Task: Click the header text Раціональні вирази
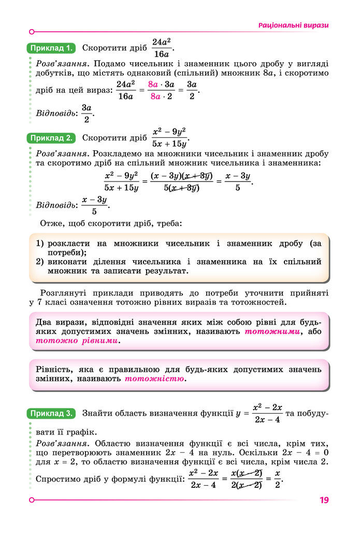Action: coord(293,25)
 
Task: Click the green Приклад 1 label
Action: coord(50,48)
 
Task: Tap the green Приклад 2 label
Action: coord(50,138)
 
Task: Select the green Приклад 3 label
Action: coord(50,413)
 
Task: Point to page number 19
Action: coord(324,500)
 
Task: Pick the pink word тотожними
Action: coord(272,331)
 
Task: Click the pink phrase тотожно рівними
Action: coord(77,341)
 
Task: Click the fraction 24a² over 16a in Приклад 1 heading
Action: coord(162,48)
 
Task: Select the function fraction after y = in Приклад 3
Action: coord(267,413)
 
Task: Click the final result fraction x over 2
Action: coord(277,479)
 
